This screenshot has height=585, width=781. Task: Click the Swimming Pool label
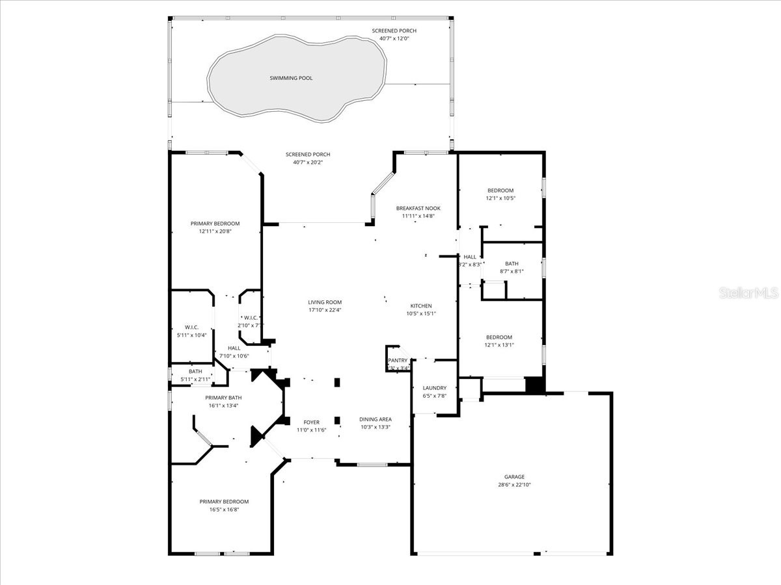click(x=291, y=78)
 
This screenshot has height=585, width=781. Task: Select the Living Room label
click(x=325, y=302)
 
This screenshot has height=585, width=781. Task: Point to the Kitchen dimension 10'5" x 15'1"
click(x=420, y=313)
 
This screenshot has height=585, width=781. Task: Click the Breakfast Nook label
click(x=418, y=208)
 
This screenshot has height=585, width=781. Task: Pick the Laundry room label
click(x=434, y=388)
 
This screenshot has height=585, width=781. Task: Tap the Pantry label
click(x=398, y=360)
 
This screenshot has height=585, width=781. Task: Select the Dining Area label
click(x=376, y=419)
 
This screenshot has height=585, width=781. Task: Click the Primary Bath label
click(x=223, y=398)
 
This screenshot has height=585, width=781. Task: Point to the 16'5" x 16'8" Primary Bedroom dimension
click(x=224, y=510)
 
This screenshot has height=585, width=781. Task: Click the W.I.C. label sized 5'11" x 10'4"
click(x=191, y=327)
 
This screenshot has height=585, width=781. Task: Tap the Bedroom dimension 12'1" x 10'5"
click(x=500, y=198)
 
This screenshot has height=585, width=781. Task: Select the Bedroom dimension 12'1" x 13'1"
click(x=499, y=345)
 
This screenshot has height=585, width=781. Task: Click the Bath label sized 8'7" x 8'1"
click(x=512, y=263)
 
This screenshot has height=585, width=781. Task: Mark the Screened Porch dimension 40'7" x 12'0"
click(x=394, y=38)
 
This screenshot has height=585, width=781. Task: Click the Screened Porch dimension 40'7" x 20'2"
click(x=308, y=162)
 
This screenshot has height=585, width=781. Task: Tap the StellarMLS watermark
click(x=748, y=294)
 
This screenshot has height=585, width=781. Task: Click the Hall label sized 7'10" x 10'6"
click(x=234, y=348)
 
